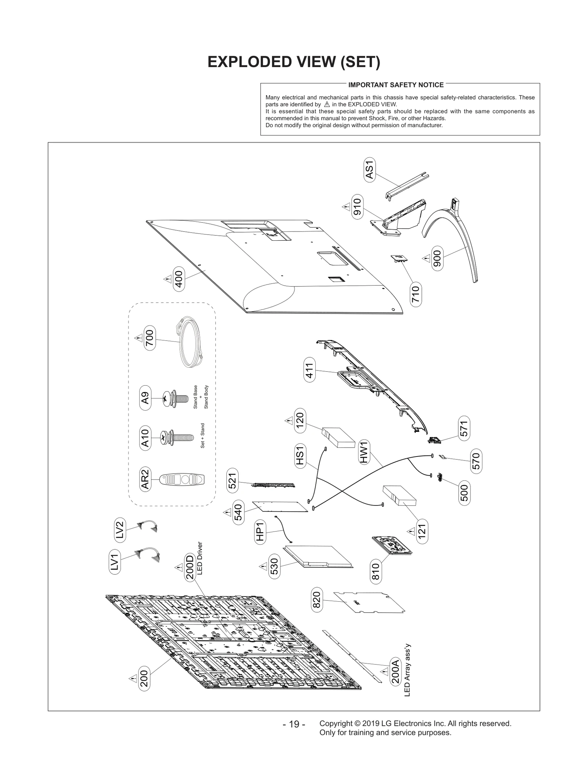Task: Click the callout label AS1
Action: pos(369,170)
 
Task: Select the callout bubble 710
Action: pos(415,294)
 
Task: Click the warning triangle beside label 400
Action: pos(167,279)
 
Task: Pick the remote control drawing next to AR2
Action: pos(182,479)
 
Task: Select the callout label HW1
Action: pos(364,452)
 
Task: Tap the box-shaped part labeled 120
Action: pos(338,437)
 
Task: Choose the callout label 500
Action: pos(464,493)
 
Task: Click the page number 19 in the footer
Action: pos(294,724)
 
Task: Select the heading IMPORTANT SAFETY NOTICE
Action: pos(396,85)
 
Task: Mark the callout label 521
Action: pos(232,481)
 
